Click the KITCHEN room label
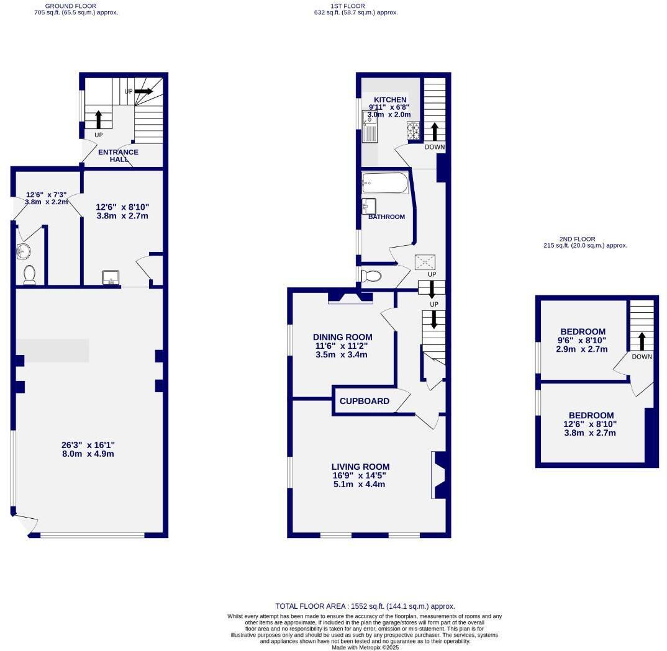[390, 100]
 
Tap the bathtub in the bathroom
[384, 183]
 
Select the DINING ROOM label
[343, 337]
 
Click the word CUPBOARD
[365, 401]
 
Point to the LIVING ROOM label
[360, 467]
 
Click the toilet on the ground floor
[29, 274]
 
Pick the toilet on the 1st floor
[373, 276]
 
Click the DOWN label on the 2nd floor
[642, 357]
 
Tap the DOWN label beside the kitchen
[435, 147]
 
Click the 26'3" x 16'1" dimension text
[88, 445]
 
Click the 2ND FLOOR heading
[577, 239]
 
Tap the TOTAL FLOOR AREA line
[365, 606]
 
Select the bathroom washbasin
[369, 206]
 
